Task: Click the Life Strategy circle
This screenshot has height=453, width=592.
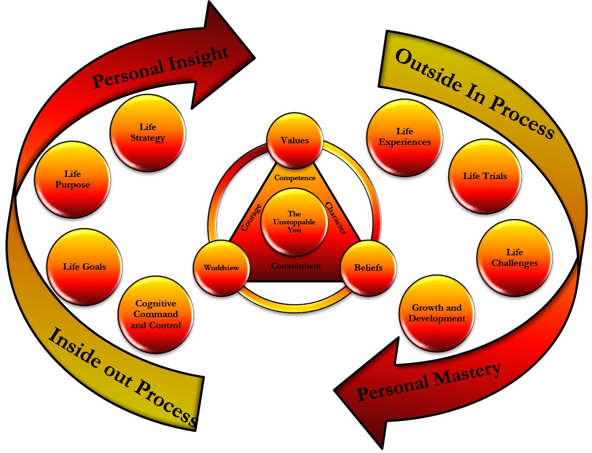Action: point(147,133)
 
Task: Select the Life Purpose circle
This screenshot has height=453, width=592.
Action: point(72,180)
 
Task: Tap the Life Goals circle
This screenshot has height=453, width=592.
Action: point(84,266)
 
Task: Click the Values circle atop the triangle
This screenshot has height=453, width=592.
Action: point(295,141)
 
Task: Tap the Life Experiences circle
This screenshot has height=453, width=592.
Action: point(405,136)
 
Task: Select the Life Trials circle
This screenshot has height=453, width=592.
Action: point(484,176)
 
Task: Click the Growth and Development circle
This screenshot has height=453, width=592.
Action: point(437,313)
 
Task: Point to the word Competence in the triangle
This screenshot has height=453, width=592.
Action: point(294,177)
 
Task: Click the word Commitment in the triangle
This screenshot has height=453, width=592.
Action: point(295,265)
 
